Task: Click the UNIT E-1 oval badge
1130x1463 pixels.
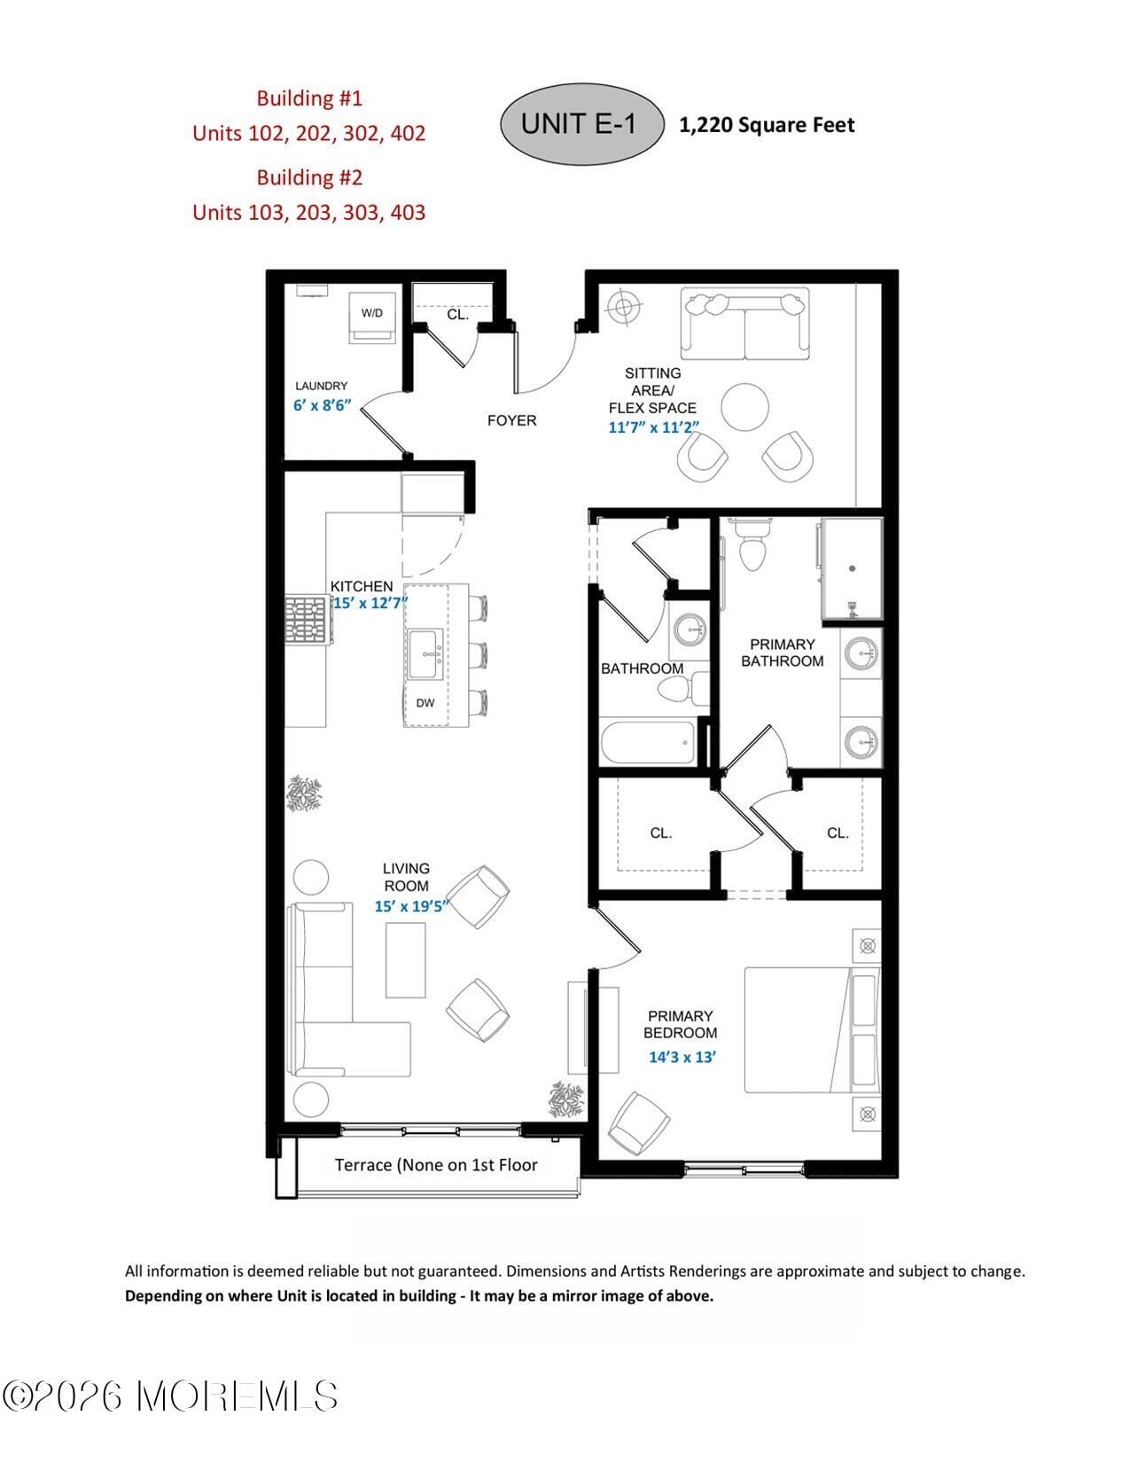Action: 581,124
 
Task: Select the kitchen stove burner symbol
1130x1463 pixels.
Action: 307,619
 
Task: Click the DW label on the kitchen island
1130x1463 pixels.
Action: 425,703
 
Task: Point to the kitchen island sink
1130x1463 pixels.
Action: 427,654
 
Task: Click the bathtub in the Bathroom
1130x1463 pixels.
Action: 648,743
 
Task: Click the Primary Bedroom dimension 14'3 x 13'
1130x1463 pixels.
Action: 682,1057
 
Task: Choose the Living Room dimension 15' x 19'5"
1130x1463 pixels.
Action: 412,906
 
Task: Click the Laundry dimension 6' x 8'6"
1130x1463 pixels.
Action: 323,405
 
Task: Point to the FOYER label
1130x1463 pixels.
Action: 511,420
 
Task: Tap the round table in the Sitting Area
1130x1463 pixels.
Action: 744,407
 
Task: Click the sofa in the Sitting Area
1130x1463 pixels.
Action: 744,325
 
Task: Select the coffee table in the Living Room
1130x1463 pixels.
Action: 405,959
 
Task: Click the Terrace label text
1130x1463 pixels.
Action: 435,1165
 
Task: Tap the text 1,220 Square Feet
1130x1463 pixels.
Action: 767,125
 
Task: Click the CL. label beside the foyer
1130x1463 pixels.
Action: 457,315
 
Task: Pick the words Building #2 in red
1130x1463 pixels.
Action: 309,177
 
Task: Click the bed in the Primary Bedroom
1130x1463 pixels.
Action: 811,1029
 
